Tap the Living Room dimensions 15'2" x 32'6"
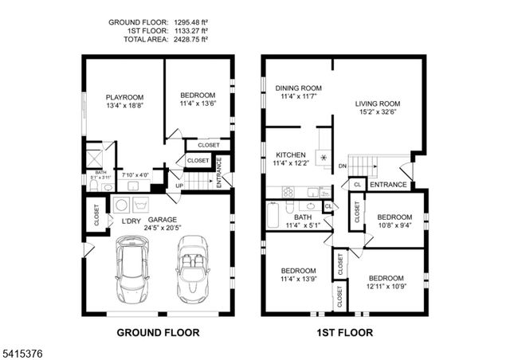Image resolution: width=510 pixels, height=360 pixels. tap(377, 112)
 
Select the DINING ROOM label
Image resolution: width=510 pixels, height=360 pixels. tap(298, 88)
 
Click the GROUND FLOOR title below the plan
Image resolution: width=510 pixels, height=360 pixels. tap(158, 332)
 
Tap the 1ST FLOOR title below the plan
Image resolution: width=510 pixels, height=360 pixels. tap(345, 332)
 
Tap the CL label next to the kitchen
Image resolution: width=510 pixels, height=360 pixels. tap(328, 206)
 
